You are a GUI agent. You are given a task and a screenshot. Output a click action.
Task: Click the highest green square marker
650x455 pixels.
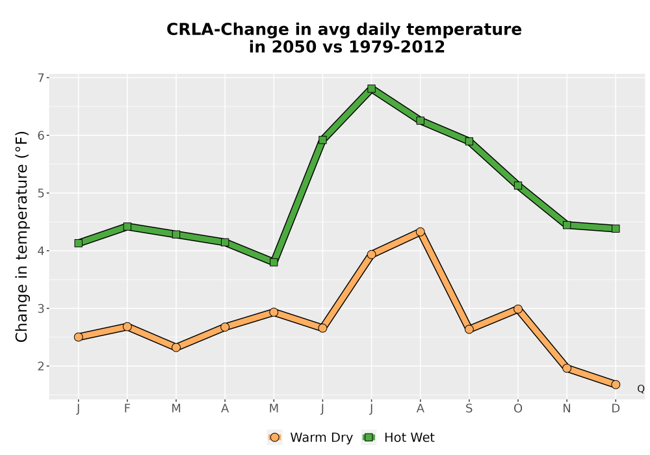pos(371,88)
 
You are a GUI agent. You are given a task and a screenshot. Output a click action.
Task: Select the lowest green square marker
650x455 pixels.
pos(274,263)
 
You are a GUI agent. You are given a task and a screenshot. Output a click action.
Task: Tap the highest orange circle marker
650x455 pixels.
pos(421,231)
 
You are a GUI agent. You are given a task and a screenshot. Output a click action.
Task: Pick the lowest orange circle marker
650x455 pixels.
pos(616,385)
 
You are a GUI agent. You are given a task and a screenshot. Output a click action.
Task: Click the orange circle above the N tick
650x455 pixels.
pos(567,368)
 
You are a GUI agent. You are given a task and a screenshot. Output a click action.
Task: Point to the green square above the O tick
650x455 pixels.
pos(518,186)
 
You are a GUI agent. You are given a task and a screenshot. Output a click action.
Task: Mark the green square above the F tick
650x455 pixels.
pos(127,226)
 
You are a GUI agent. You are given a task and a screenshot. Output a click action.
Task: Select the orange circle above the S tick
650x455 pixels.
pos(469,329)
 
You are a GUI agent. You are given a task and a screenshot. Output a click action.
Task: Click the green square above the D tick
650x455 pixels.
pos(616,229)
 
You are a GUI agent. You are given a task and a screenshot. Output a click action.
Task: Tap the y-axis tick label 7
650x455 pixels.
pos(40,78)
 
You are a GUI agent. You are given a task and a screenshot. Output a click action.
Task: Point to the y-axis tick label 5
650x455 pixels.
pos(40,193)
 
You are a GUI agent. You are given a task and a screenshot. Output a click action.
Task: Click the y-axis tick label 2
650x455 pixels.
pos(40,367)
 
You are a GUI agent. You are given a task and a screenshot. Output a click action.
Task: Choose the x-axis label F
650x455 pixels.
pos(127,409)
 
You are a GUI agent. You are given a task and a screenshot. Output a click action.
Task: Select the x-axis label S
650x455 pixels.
pos(469,409)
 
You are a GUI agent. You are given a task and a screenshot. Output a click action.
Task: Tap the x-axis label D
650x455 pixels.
pos(616,409)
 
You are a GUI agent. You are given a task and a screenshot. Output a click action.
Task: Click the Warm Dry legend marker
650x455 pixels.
pos(274,437)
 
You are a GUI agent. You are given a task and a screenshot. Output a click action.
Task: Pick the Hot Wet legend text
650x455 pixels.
pos(409,437)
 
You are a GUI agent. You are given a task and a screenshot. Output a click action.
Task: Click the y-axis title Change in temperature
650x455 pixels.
pos(21,237)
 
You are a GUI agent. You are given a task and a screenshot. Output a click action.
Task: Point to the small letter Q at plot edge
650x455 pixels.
pos(641,389)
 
